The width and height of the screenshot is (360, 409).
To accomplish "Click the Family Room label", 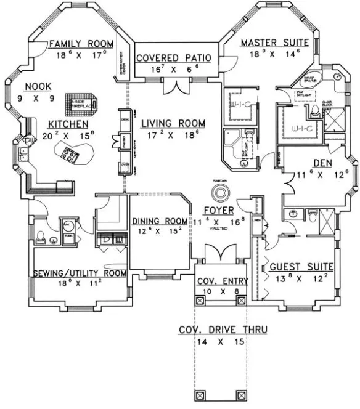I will point(82,44).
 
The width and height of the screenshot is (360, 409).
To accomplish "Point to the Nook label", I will point(38,86).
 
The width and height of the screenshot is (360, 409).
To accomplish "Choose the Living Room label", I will point(172,123).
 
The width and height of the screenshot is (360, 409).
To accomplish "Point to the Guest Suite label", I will point(301,267).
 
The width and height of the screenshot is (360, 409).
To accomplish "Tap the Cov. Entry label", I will point(223,281).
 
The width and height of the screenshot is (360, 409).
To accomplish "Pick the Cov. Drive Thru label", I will point(223,330).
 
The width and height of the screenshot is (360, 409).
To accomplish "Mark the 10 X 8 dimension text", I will point(223,291).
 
